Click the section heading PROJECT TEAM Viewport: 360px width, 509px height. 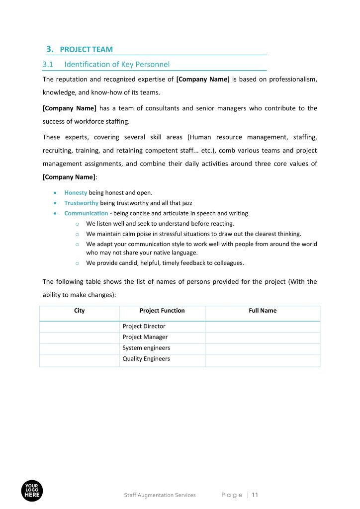pos(86,49)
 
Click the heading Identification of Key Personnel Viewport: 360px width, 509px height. pos(117,64)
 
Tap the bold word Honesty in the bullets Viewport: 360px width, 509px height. pos(76,192)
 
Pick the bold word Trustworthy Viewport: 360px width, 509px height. pos(81,203)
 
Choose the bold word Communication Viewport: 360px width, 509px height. pos(86,213)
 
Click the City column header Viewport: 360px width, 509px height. pos(79,311)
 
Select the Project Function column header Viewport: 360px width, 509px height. pos(162,311)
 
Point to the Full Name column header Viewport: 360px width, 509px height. pos(263,311)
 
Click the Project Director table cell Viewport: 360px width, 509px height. pos(144,327)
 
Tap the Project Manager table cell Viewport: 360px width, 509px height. pos(145,337)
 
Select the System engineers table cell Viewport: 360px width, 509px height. pos(146,348)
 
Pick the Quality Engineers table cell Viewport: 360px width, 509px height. pos(146,359)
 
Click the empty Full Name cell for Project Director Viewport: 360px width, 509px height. pos(263,327)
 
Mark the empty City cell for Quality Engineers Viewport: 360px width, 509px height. pos(79,359)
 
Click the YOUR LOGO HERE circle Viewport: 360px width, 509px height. pos(32,491)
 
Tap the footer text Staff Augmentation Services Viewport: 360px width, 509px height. pos(160,495)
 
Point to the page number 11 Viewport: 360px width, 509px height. pos(255,495)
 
